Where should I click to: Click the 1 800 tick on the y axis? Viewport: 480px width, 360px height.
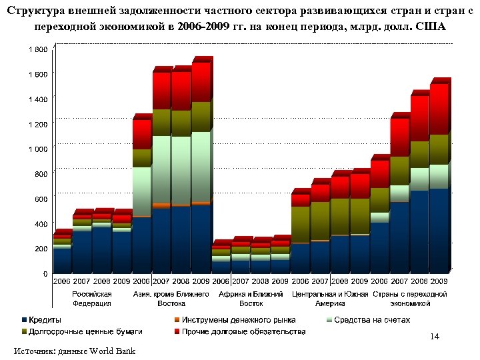point(37,49)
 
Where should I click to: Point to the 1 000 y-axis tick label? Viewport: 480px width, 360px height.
point(37,149)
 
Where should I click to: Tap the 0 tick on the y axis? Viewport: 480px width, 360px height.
point(44,273)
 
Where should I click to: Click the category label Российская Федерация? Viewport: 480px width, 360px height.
point(91,298)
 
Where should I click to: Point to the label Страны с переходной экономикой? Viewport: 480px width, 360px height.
point(409,298)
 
